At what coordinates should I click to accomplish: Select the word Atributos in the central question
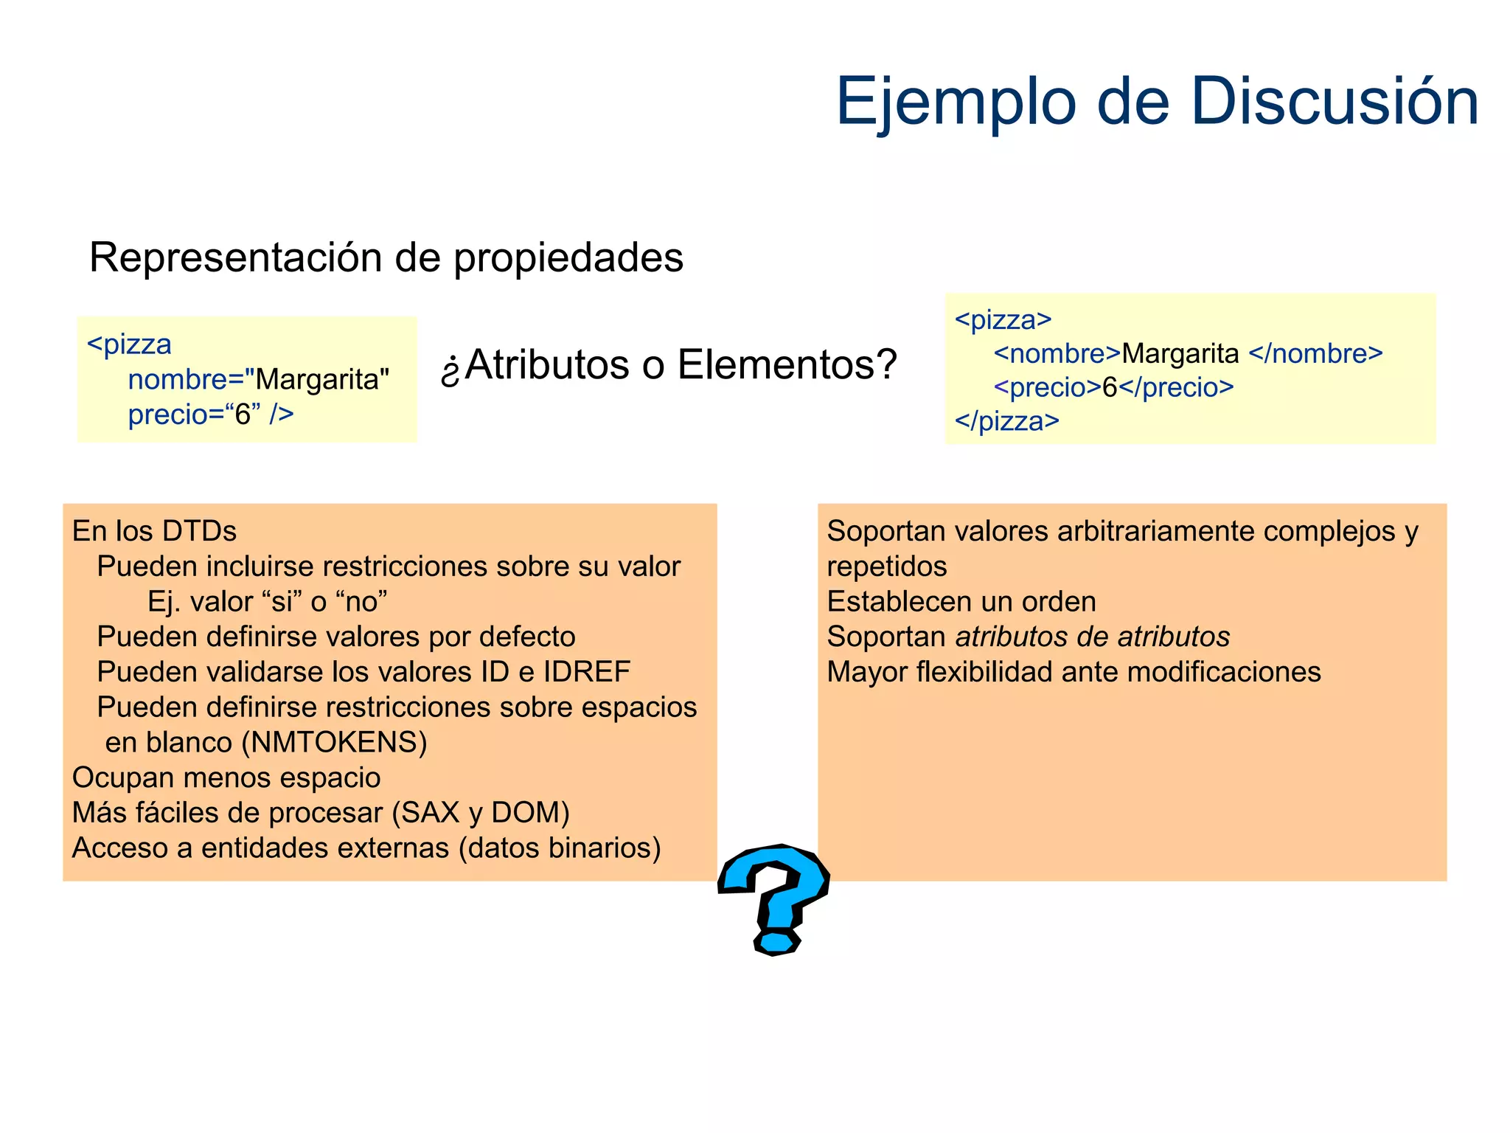click(x=547, y=364)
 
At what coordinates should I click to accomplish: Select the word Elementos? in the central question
click(x=787, y=364)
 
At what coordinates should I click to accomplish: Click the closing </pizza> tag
click(x=1006, y=421)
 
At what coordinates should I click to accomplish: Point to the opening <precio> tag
click(x=1047, y=387)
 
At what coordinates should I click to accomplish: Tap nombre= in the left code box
click(x=186, y=380)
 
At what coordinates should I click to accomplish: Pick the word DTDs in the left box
click(x=199, y=531)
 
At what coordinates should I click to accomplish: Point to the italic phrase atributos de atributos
click(x=1092, y=637)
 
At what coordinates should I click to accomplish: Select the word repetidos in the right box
click(x=886, y=566)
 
